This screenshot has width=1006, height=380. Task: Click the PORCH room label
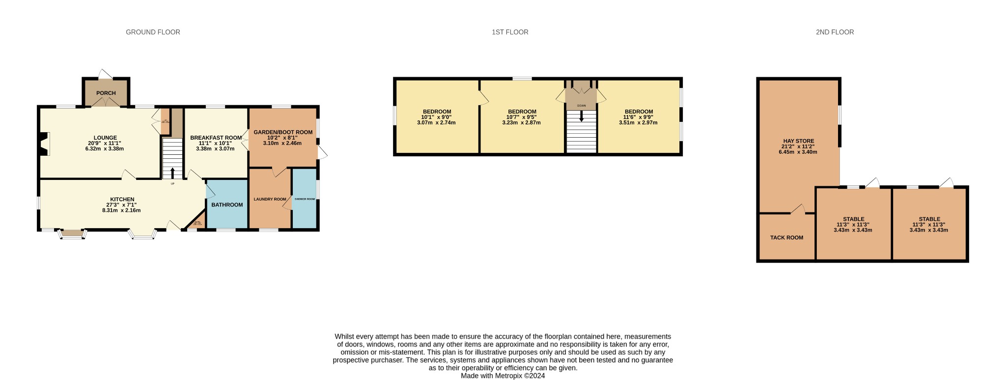[x=106, y=93]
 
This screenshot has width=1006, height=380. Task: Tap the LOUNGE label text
[x=105, y=138]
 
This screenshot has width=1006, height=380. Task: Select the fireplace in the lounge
[x=44, y=145]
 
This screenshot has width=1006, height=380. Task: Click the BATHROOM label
[x=227, y=205]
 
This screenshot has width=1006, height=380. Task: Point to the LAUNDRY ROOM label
[x=270, y=200]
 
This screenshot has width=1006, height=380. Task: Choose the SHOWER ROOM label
[x=305, y=199]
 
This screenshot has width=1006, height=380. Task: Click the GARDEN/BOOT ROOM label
[x=283, y=132]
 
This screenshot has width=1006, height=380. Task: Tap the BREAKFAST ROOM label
[x=216, y=138]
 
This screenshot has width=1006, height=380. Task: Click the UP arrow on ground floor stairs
[x=172, y=173]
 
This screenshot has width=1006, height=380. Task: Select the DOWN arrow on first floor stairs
[x=582, y=117]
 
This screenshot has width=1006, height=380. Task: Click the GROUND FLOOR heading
[x=153, y=32]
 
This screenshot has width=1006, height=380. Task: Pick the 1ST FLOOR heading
[x=510, y=32]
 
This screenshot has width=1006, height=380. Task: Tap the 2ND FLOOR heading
[x=835, y=32]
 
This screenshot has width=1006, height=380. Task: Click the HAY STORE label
[x=798, y=141]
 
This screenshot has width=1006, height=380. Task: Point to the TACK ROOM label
[x=786, y=238]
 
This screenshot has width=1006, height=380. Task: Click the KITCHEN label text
[x=122, y=200]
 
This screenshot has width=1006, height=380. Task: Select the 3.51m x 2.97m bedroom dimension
[x=638, y=123]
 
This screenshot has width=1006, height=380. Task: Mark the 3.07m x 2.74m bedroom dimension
[x=436, y=123]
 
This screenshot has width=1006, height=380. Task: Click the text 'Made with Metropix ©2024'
[x=503, y=376]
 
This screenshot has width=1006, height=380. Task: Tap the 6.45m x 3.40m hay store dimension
[x=798, y=152]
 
